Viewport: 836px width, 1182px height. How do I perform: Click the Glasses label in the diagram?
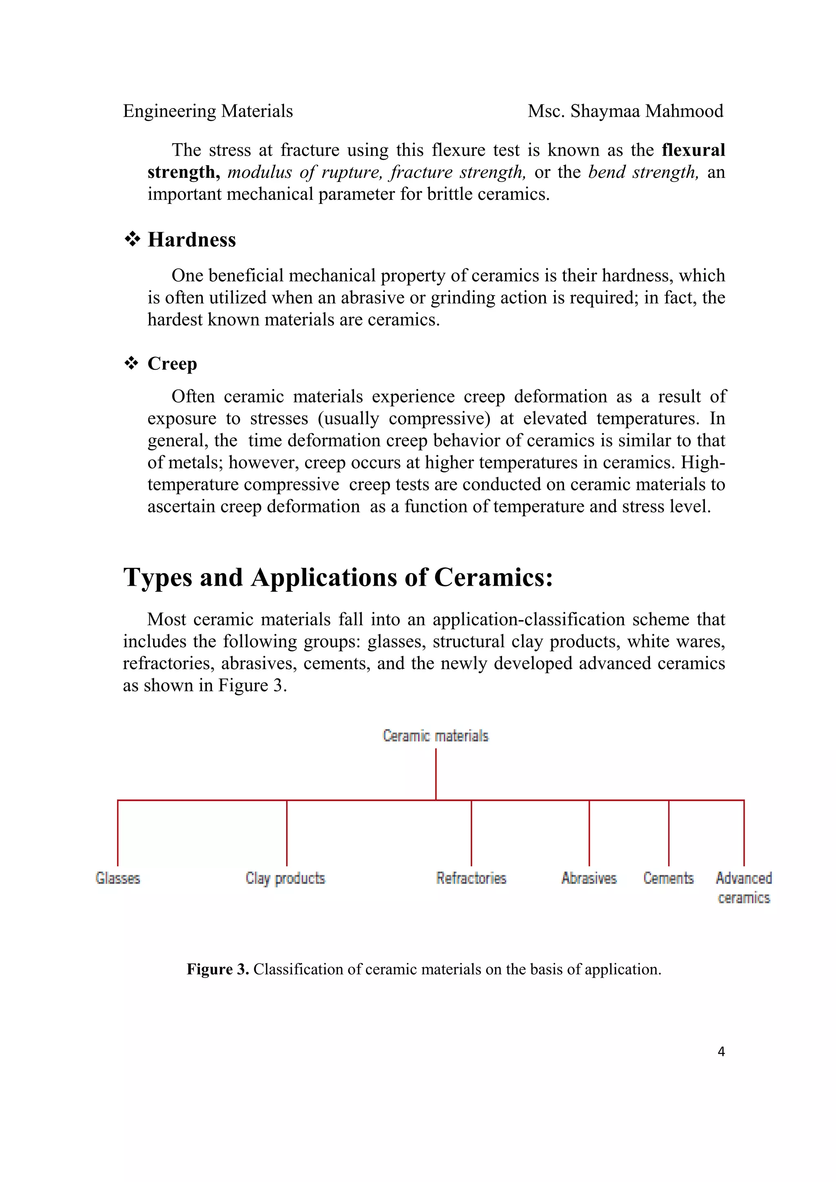pyautogui.click(x=118, y=878)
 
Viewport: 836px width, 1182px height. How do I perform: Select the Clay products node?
pyautogui.click(x=285, y=878)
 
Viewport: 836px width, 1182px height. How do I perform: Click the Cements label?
pyautogui.click(x=668, y=878)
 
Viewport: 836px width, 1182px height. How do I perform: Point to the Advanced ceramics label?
pyautogui.click(x=743, y=887)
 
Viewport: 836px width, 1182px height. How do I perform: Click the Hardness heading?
pyautogui.click(x=191, y=240)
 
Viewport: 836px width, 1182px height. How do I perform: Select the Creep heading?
pyautogui.click(x=172, y=363)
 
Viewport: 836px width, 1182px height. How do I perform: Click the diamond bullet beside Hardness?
pyautogui.click(x=132, y=239)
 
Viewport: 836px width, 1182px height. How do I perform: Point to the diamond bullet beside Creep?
pyautogui.click(x=131, y=363)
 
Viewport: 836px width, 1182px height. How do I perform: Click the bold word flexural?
pyautogui.click(x=693, y=150)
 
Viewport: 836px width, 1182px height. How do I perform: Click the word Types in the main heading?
pyautogui.click(x=157, y=577)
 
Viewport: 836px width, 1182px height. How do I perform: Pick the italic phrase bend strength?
pyautogui.click(x=643, y=172)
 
